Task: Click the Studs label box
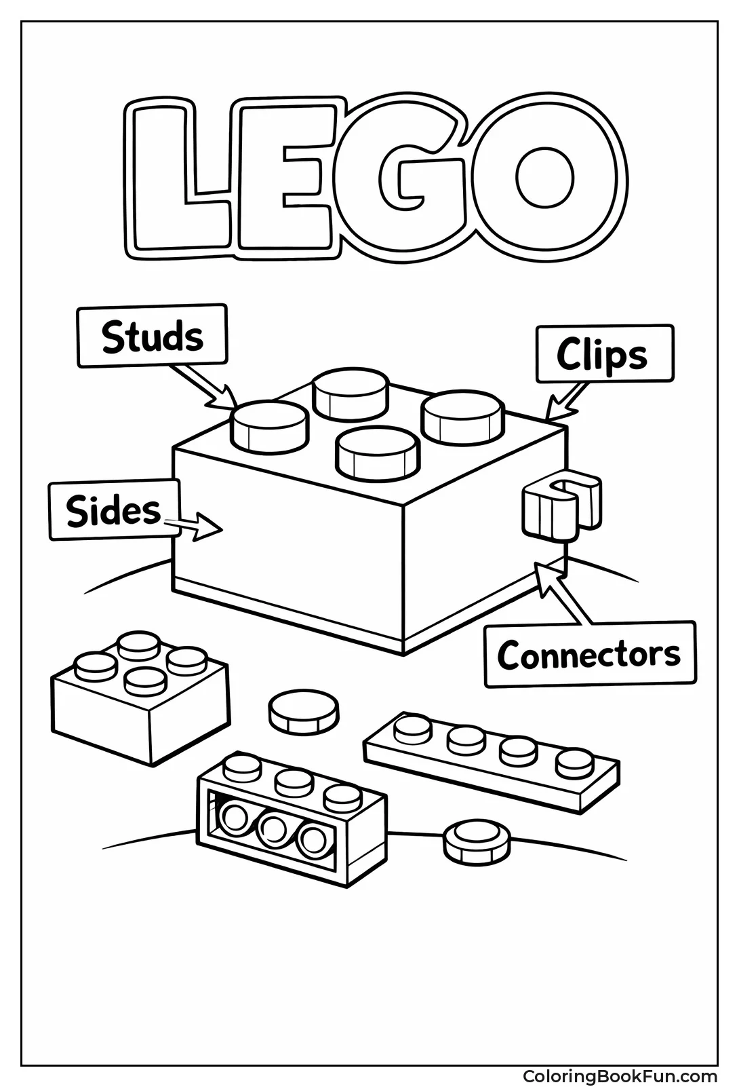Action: coord(153,337)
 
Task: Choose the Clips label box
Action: coord(603,354)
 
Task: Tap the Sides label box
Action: coord(114,511)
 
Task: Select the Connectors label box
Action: coord(589,655)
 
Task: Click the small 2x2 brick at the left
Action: coord(139,706)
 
